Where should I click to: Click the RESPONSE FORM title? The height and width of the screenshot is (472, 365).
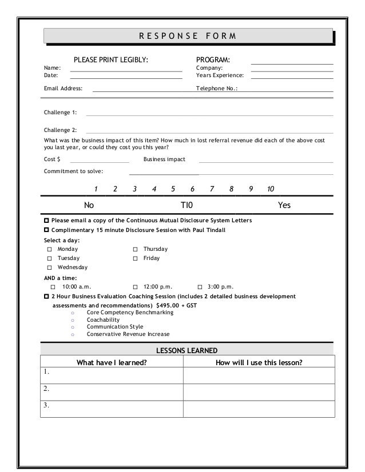[187, 37]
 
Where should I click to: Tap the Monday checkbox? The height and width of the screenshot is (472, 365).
[50, 249]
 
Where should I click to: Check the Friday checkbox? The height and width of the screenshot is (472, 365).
[136, 258]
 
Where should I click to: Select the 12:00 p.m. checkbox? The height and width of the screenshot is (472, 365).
[136, 286]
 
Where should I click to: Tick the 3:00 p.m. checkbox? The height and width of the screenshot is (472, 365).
[200, 286]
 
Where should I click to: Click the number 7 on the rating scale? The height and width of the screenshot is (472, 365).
[212, 189]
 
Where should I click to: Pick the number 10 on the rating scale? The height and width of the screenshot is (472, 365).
[271, 189]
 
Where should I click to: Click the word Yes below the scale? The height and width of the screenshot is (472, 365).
[284, 205]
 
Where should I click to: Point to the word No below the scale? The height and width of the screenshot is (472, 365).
[89, 205]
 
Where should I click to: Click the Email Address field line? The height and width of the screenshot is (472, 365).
[143, 90]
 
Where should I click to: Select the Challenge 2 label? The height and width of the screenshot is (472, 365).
[60, 130]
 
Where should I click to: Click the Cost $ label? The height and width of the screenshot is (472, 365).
[52, 159]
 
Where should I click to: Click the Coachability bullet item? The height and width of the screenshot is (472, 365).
[103, 320]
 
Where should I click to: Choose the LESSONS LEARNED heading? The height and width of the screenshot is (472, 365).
[187, 350]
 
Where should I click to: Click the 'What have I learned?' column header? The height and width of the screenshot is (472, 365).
[112, 362]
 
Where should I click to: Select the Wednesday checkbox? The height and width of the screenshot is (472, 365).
[50, 267]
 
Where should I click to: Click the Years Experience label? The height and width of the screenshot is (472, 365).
[220, 75]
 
